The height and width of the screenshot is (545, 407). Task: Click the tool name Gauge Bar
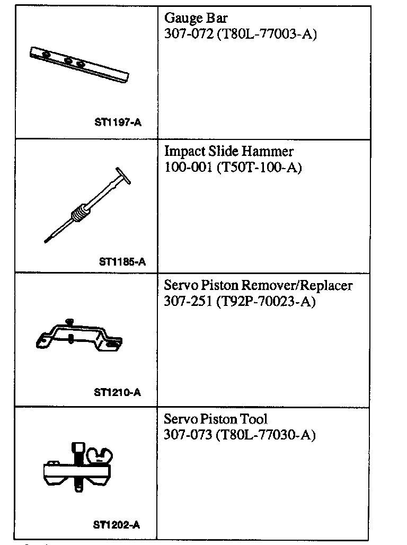[x=196, y=19]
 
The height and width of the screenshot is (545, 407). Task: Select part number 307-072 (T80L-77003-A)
[x=240, y=35]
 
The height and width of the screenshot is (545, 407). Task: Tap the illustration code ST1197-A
[x=118, y=122]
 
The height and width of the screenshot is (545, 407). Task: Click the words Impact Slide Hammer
[x=228, y=152]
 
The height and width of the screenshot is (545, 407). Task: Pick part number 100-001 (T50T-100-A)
[x=233, y=168]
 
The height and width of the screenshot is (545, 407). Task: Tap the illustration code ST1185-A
[x=122, y=261]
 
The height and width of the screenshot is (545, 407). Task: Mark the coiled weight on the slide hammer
[x=78, y=212]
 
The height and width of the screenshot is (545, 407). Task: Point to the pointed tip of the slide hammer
[x=47, y=240]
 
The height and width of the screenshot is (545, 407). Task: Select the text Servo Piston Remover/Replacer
[x=258, y=285]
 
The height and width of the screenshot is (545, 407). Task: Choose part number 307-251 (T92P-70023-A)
[x=240, y=302]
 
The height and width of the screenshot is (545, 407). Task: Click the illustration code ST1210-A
[x=117, y=393]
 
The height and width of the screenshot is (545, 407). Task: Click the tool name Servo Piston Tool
[x=216, y=419]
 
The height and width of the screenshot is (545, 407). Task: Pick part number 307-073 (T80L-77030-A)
[x=240, y=435]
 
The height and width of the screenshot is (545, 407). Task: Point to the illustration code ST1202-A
[x=116, y=525]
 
